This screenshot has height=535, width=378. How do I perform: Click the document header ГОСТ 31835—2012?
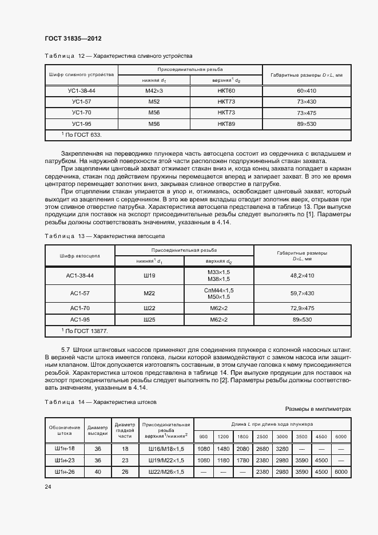tap(73, 38)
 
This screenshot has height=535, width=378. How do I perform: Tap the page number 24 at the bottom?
tap(47, 486)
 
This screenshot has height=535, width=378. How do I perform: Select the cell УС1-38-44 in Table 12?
tap(81, 91)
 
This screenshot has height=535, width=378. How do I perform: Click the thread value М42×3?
tap(154, 91)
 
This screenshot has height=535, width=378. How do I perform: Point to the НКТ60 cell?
tap(226, 91)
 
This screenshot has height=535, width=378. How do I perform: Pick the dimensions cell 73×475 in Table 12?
tap(306, 113)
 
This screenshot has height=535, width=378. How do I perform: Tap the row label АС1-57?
tap(79, 293)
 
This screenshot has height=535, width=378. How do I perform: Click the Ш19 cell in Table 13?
tap(150, 275)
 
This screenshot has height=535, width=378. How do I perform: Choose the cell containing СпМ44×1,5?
tap(218, 290)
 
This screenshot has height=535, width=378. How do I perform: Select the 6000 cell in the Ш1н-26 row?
tap(341, 471)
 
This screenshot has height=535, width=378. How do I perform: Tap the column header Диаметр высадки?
tap(97, 429)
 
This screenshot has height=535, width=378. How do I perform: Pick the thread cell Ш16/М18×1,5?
tap(166, 448)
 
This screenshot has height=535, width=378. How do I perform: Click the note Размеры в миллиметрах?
tap(317, 409)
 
